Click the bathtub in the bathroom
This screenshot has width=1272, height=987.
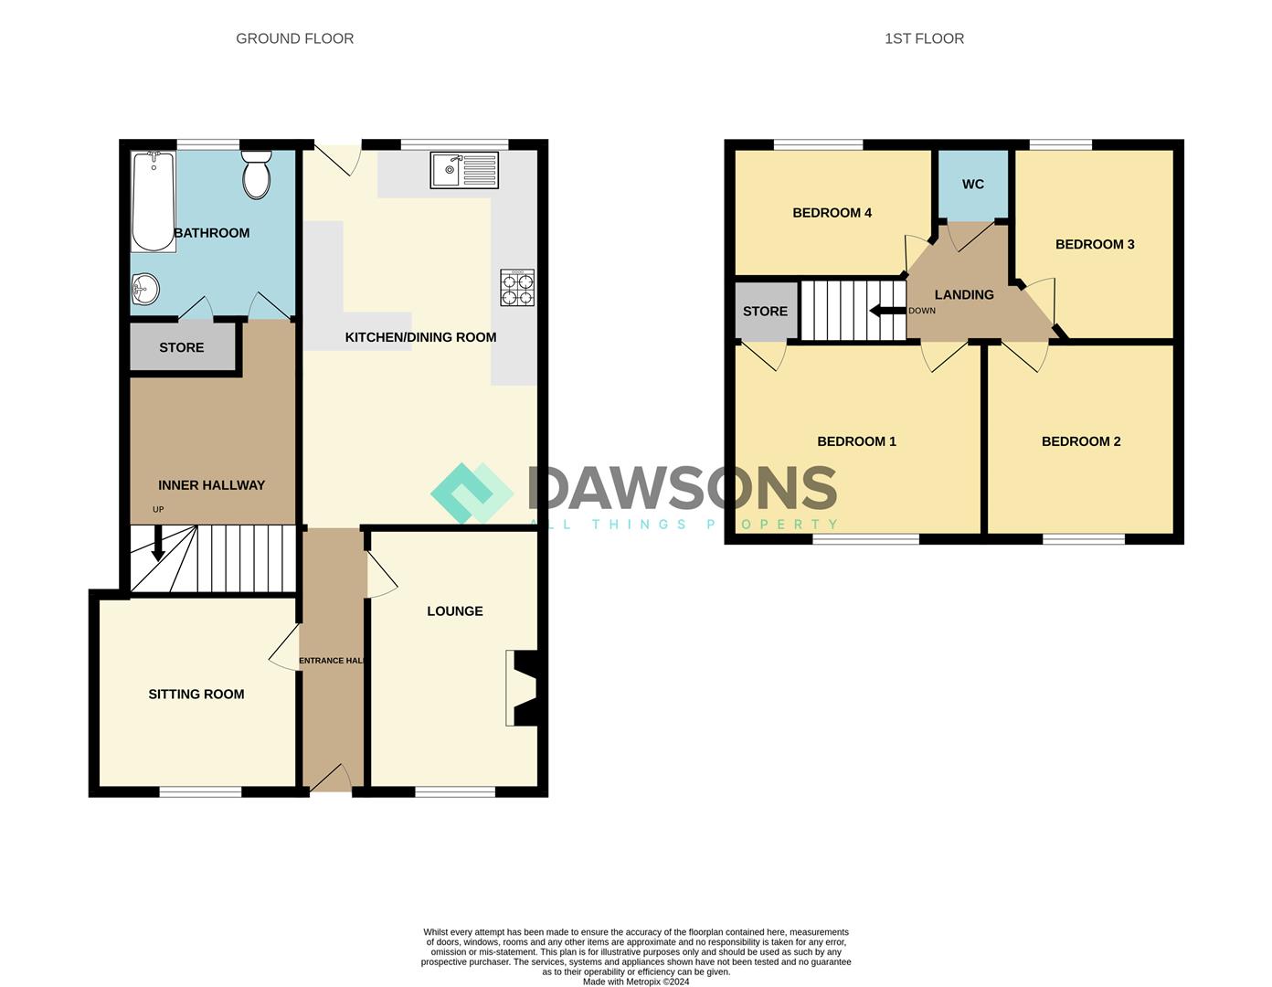click(154, 202)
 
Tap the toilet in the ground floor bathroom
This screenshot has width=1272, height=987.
click(257, 175)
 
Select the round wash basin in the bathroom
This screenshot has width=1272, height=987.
click(144, 291)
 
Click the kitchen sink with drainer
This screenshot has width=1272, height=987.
click(464, 170)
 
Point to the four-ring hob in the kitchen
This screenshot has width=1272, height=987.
click(517, 288)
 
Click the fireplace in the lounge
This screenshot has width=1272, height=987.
click(523, 688)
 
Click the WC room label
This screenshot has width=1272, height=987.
click(973, 185)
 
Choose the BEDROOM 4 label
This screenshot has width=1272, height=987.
click(832, 213)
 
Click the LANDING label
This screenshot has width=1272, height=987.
click(964, 294)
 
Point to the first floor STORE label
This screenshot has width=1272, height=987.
click(765, 312)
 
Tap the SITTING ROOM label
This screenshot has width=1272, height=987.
click(196, 695)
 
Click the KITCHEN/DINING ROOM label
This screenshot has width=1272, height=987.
click(420, 337)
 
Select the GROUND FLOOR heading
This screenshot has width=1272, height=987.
click(294, 38)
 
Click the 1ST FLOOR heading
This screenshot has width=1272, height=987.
click(924, 38)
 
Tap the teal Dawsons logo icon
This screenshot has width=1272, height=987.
click(472, 493)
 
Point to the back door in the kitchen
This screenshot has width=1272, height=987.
click(338, 157)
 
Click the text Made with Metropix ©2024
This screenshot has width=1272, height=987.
click(636, 982)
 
